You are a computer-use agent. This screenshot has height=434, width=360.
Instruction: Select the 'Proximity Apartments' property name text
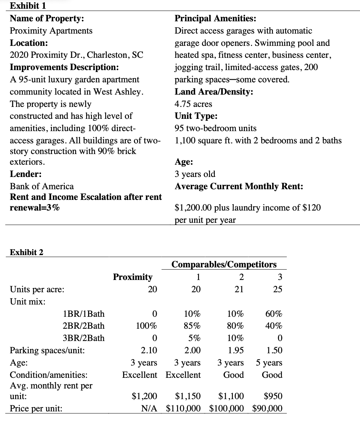tap(51, 31)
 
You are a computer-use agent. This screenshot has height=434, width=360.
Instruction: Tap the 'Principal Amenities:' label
tap(215, 18)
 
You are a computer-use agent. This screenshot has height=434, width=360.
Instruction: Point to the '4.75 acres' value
tap(193, 104)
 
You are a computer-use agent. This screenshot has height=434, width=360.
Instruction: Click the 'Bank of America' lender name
tap(42, 186)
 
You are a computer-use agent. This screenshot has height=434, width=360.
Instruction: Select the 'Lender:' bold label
tap(25, 174)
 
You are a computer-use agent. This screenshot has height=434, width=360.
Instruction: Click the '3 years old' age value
tap(195, 174)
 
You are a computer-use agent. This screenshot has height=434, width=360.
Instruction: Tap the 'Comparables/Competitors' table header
tap(224, 264)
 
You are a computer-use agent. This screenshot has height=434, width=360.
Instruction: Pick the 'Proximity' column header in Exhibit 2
tap(133, 277)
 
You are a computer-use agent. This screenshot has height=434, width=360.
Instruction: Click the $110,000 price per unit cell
tap(183, 408)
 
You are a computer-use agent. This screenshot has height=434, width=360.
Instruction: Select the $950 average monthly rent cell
tap(273, 396)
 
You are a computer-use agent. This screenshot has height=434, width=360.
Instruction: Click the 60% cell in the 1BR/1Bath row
tap(274, 314)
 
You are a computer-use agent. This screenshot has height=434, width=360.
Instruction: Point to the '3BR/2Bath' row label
tap(84, 338)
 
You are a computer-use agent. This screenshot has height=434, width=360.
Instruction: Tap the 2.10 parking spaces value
tap(149, 350)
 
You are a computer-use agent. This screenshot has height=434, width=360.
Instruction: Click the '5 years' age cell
tap(269, 363)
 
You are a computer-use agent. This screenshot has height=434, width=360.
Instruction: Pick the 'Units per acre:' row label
tap(37, 289)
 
